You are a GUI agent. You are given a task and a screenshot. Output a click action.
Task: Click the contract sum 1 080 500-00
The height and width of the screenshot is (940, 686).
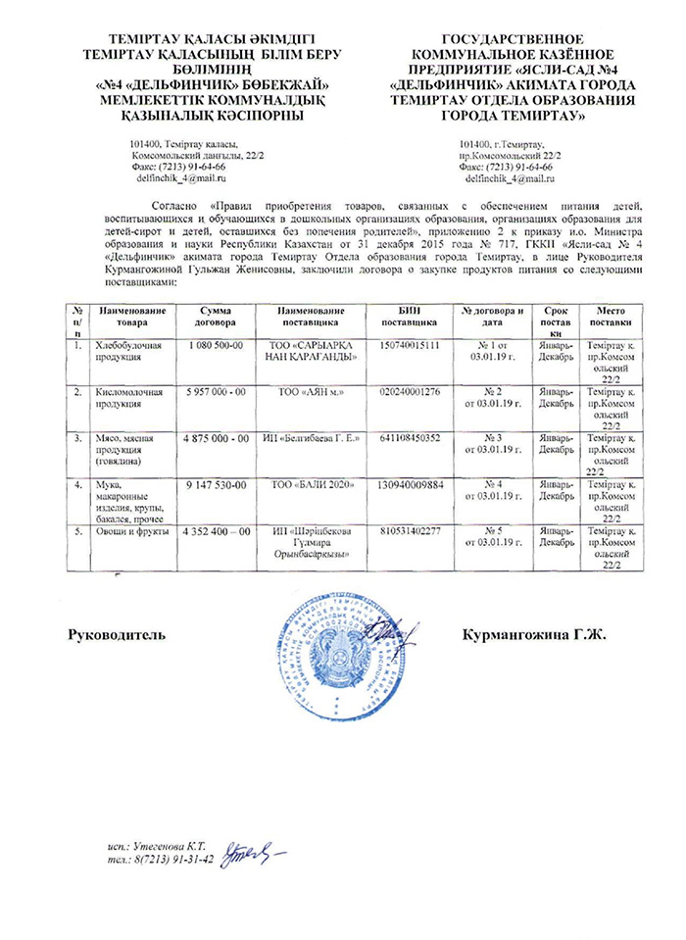click(215, 346)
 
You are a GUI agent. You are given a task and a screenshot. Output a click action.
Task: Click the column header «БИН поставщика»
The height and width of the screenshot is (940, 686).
click(410, 316)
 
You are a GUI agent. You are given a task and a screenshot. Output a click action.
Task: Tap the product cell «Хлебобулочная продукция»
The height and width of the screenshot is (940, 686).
click(125, 352)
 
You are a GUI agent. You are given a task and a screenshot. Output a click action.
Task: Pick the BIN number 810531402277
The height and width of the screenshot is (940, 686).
click(410, 530)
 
